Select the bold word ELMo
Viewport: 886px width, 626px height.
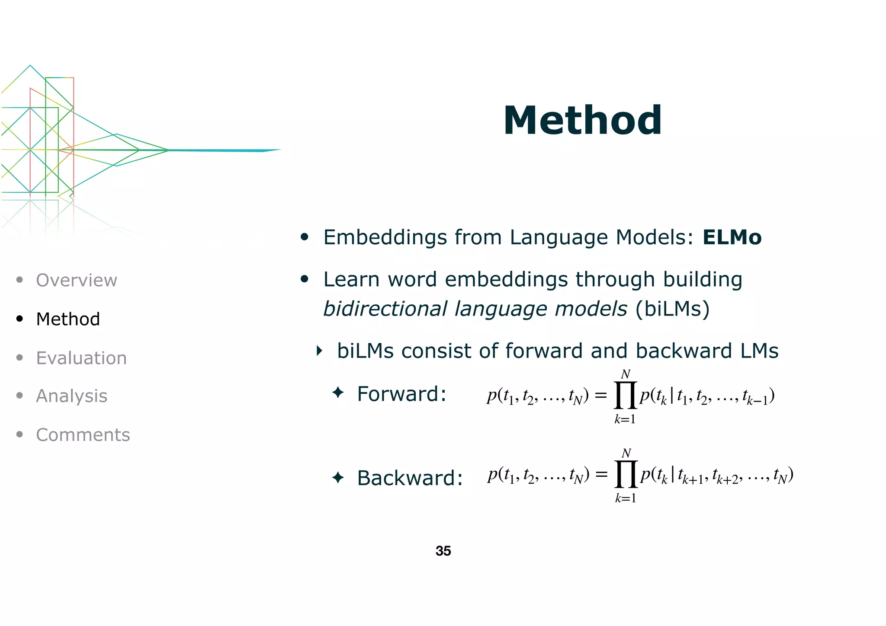(x=732, y=237)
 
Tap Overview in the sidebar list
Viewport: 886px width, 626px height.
(x=76, y=280)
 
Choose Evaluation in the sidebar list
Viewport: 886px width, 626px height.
(x=81, y=358)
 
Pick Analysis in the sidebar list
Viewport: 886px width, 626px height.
(x=71, y=396)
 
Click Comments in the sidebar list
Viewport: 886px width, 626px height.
(x=83, y=435)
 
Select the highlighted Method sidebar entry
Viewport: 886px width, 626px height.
(x=68, y=319)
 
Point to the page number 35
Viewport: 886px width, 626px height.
(x=443, y=551)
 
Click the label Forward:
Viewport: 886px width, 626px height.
(x=401, y=394)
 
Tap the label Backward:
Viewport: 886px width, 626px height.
(x=410, y=478)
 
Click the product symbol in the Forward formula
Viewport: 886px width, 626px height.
(x=625, y=395)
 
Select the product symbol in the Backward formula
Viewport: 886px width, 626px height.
(x=626, y=474)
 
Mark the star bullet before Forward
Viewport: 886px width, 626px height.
(x=338, y=393)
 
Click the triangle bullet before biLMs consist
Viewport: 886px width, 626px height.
(x=319, y=351)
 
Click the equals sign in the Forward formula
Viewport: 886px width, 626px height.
(x=600, y=395)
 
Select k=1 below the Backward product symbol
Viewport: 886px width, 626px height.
(x=626, y=498)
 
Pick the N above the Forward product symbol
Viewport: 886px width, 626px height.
(x=626, y=374)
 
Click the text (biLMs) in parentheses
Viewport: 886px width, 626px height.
(x=672, y=309)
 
